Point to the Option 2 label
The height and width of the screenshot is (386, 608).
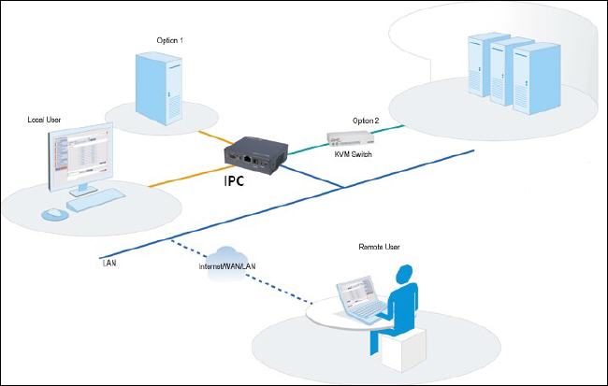(366, 121)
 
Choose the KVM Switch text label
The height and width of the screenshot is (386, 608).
(354, 153)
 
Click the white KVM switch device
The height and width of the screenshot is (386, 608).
(346, 137)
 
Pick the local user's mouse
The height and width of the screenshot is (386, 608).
(54, 214)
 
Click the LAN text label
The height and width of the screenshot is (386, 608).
(109, 264)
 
